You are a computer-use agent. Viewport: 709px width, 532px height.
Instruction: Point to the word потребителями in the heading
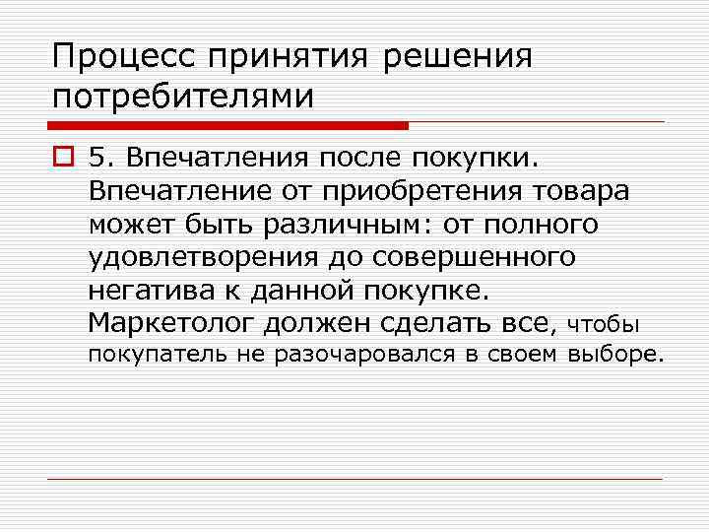(183, 97)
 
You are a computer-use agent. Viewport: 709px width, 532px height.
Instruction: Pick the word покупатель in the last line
(153, 355)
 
